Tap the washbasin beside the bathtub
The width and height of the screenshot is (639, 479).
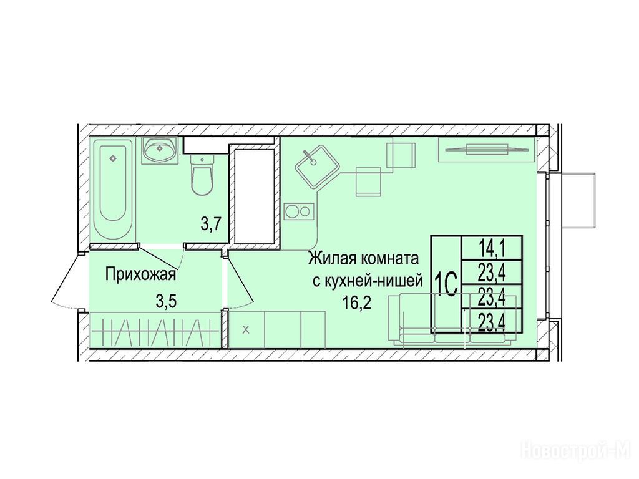[x=160, y=150]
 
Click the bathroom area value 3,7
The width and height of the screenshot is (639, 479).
[x=211, y=224]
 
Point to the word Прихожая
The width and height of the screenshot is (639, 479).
[x=140, y=274]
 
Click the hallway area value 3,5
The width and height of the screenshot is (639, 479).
[x=166, y=302]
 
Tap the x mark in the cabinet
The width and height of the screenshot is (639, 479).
[x=246, y=330]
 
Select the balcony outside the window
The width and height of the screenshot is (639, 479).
[x=577, y=201]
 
